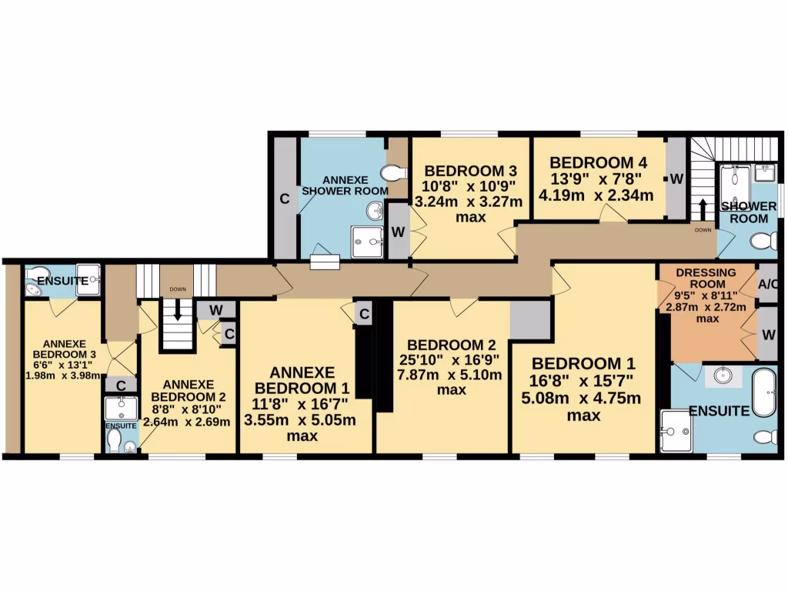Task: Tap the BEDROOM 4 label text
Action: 598,162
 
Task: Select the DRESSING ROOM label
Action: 706,279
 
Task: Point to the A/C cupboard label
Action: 768,284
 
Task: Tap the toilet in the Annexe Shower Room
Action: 394,172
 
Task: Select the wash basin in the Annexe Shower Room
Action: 375,209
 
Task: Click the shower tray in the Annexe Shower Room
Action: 368,242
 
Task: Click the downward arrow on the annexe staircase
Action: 178,310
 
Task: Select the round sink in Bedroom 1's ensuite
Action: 722,376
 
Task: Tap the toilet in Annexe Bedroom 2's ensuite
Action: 115,439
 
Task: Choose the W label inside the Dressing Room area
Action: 768,336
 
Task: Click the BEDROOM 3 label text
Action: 470,170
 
